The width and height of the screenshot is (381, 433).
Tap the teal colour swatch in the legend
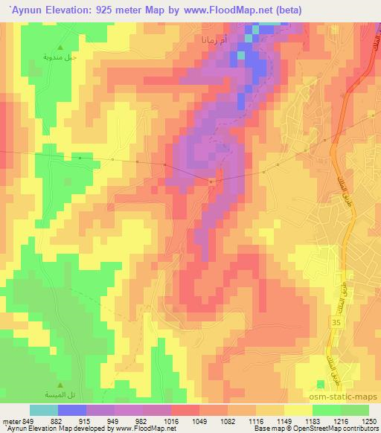coord(43,410)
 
